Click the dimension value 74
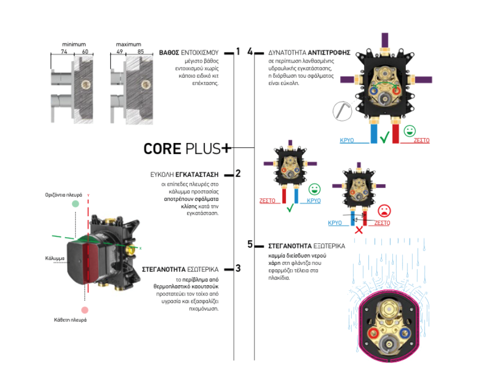click(64, 52)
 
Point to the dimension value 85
click(141, 52)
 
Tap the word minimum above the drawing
click(74, 44)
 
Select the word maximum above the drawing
click(128, 44)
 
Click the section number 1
click(238, 51)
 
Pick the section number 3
click(238, 268)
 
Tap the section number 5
click(250, 244)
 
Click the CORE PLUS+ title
click(187, 148)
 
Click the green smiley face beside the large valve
click(410, 130)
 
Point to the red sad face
click(383, 210)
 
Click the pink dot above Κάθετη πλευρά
click(84, 310)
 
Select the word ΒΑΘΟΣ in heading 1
click(170, 53)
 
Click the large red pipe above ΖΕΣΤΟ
click(396, 134)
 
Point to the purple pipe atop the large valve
click(384, 40)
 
